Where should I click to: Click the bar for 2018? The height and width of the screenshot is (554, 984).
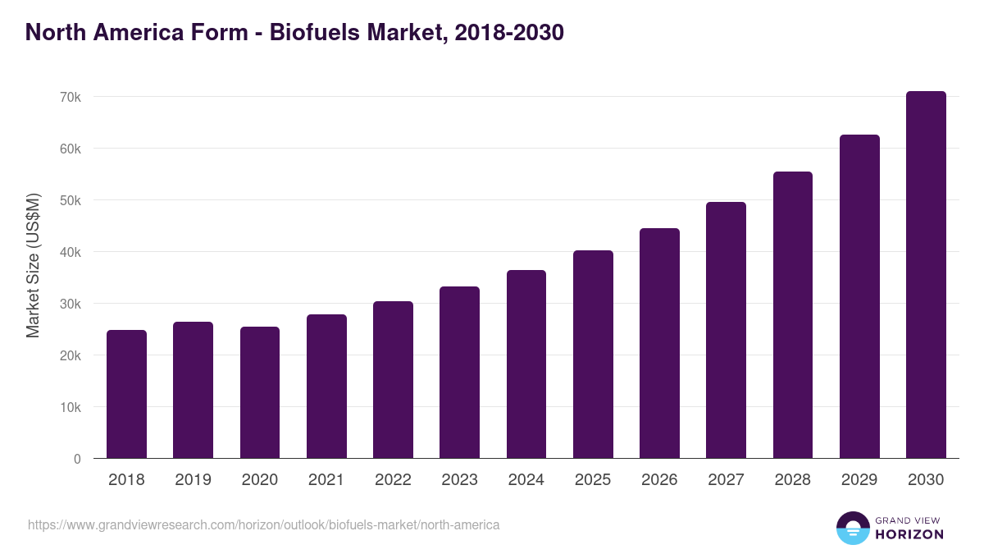tap(126, 394)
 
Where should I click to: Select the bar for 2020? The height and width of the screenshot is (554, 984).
tap(260, 392)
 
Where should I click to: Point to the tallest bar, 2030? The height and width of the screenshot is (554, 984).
tap(926, 274)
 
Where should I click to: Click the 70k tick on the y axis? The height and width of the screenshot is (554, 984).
tap(71, 97)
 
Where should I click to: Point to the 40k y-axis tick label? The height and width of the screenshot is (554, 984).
tap(71, 252)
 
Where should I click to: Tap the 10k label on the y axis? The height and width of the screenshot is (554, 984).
tap(71, 407)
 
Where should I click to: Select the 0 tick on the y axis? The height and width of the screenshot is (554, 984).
tap(77, 459)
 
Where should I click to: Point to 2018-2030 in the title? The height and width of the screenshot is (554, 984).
tap(506, 33)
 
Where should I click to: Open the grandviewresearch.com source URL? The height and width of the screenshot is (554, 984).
tap(263, 524)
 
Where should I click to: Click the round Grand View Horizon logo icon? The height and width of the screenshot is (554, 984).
tap(852, 528)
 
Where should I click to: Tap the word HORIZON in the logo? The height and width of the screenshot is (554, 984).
tap(909, 534)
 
